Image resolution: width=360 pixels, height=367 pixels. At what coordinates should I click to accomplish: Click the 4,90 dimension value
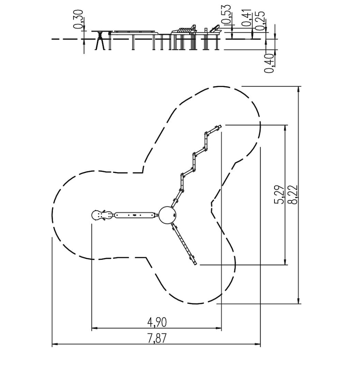click(157, 322)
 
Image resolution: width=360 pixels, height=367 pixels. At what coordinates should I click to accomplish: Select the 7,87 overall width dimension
click(157, 338)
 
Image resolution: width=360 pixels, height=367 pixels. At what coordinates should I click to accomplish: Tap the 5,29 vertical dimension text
click(279, 194)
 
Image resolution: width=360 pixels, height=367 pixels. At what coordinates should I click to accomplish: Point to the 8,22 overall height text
click(293, 194)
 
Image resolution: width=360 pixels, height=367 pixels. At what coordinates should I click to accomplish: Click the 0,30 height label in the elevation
click(78, 19)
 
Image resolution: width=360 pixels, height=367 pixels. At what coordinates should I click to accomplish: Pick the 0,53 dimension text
click(226, 15)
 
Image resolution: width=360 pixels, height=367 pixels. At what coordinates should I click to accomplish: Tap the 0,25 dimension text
click(260, 21)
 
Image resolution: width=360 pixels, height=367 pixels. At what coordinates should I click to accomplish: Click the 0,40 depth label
click(269, 63)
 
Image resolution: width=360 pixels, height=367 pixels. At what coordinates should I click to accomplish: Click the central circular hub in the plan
click(167, 215)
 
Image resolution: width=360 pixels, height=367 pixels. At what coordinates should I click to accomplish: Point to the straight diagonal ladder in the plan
click(184, 244)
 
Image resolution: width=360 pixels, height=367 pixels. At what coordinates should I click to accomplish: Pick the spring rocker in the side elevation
click(101, 40)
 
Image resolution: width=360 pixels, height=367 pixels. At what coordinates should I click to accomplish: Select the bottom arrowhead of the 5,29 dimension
click(285, 263)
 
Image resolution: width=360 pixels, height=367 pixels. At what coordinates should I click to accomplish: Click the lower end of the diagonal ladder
click(195, 264)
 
